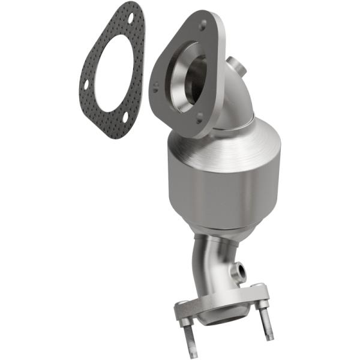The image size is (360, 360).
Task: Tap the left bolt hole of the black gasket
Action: click(x=86, y=83)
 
